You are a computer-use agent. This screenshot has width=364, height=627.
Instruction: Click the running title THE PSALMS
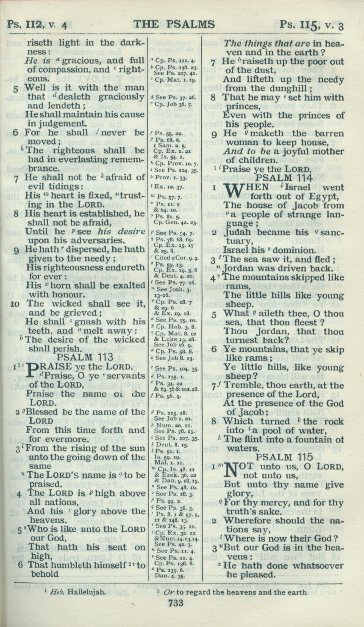click(174, 24)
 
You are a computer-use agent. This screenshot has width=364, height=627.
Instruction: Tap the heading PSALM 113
click(86, 357)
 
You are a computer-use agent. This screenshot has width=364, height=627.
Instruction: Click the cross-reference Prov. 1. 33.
click(171, 178)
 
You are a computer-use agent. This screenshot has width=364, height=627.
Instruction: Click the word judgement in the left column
click(51, 123)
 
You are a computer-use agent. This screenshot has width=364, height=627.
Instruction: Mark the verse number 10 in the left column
click(15, 304)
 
